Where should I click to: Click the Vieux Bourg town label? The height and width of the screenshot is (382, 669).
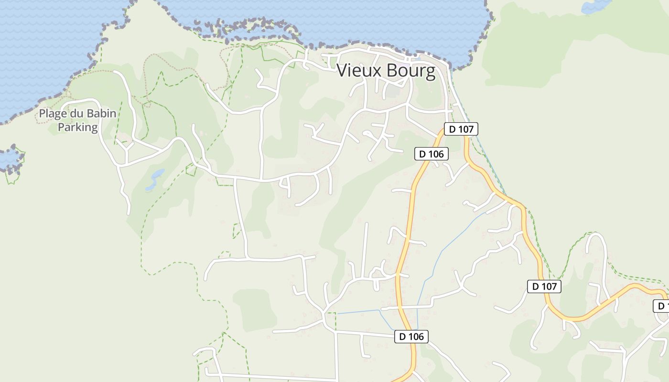[x=386, y=71]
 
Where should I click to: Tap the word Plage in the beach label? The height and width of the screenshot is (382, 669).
[x=54, y=114]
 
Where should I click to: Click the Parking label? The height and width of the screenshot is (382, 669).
[x=77, y=127]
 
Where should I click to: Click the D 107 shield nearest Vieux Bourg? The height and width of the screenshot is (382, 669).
[x=461, y=129]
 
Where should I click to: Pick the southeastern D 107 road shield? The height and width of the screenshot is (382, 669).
[x=544, y=286]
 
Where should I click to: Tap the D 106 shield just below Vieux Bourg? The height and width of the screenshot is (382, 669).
[x=432, y=154]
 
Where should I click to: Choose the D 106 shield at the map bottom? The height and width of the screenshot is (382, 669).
[x=411, y=337]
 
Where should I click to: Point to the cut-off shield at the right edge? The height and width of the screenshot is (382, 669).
[x=661, y=306]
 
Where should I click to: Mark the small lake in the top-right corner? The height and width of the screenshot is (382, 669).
[x=595, y=6]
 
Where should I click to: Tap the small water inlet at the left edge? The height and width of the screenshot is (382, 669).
[x=10, y=159]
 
